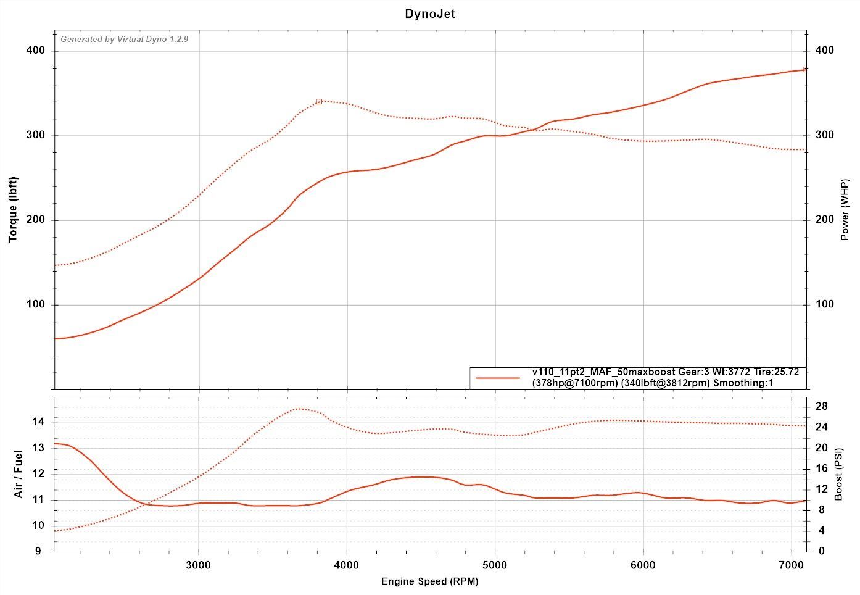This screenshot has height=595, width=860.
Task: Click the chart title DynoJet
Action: pos(430,14)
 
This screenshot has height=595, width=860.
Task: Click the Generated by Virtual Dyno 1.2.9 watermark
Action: pos(124,40)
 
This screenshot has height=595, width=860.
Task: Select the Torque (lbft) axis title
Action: pos(13,209)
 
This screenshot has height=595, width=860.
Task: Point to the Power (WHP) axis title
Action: pos(845,210)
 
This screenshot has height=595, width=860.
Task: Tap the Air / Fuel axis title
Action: pos(19,474)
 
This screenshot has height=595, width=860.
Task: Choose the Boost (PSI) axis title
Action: pos(839,474)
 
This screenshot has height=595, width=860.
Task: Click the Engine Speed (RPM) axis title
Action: pos(429,581)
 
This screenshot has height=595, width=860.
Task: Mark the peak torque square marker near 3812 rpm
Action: pos(319,101)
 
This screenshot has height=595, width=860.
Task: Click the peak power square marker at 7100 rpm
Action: pos(805,70)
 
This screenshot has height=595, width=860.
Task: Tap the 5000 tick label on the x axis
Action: pos(495,565)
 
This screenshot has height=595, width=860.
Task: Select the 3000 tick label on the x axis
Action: pos(199,565)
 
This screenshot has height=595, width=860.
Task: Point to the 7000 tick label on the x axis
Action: pos(791,565)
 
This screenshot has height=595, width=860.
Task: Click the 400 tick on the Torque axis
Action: pos(36,51)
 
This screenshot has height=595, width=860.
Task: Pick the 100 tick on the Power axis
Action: pos(824,304)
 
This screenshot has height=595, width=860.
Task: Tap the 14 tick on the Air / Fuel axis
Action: pos(38,422)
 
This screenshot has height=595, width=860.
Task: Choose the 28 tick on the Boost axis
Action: pos(822,406)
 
